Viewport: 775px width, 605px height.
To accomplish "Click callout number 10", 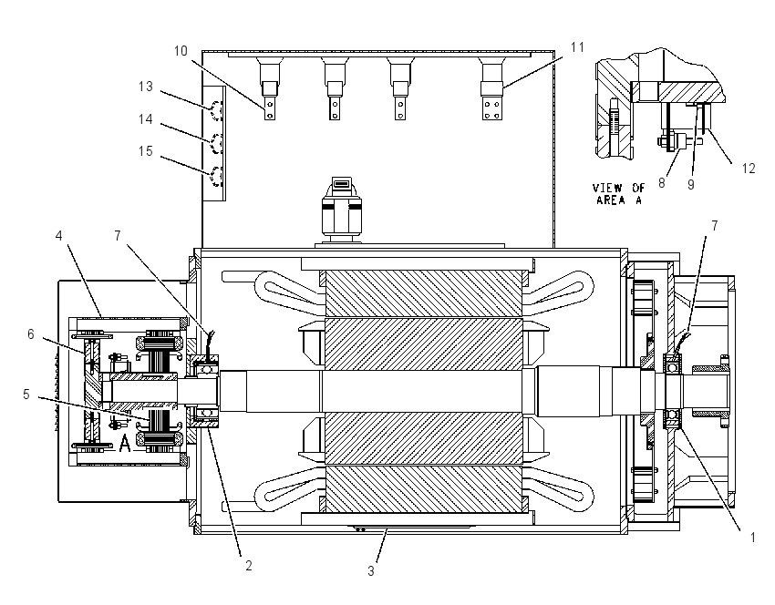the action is click(x=181, y=51).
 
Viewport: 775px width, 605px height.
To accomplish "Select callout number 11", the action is click(x=577, y=47).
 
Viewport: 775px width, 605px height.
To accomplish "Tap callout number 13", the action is click(x=145, y=87).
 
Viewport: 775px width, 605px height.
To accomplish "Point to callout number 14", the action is click(x=145, y=119).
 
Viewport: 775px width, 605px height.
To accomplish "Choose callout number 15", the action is click(x=145, y=151).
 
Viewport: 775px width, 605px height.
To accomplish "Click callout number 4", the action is click(x=59, y=236).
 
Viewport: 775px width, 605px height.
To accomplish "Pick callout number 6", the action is click(x=31, y=334).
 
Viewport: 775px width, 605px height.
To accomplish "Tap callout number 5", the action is click(x=26, y=395).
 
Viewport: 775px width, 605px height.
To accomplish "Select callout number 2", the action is click(x=249, y=566).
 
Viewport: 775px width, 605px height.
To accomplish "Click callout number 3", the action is click(x=371, y=571).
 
